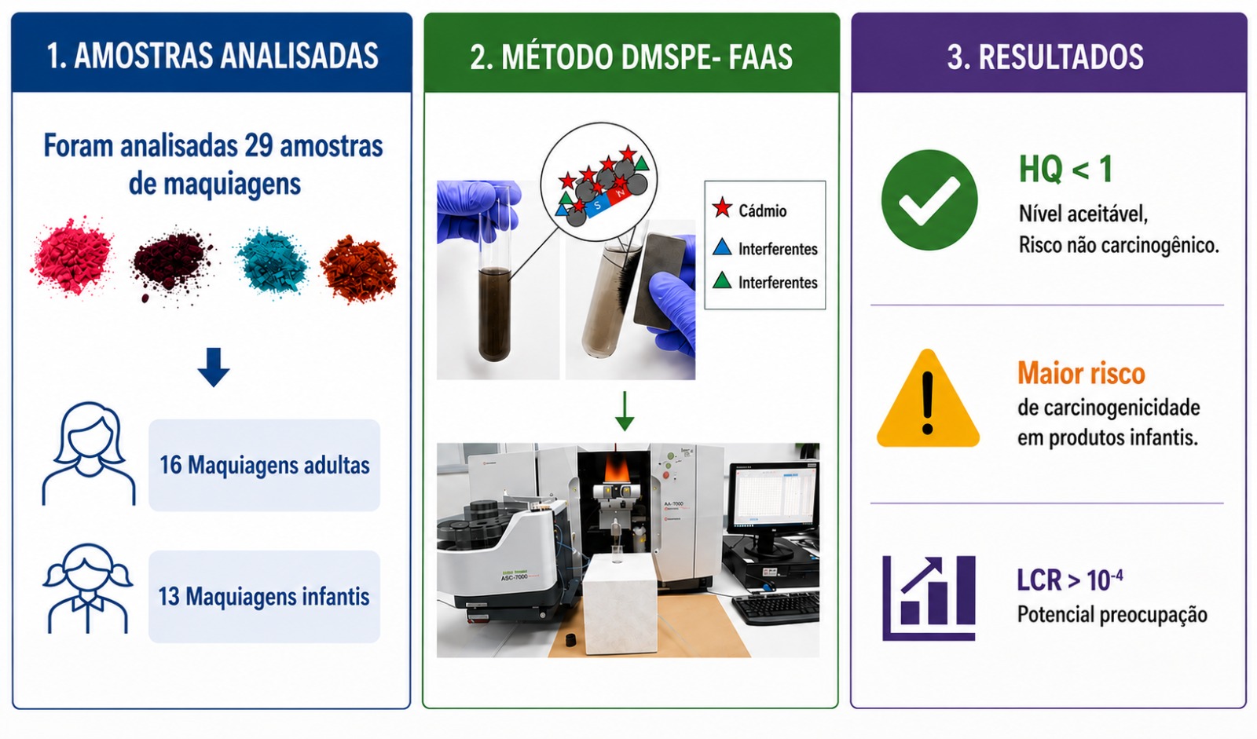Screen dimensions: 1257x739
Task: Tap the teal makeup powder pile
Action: (273, 262)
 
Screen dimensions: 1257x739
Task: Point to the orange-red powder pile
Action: (359, 269)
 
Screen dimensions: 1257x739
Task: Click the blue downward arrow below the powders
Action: (213, 367)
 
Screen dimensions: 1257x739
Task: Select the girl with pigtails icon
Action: (88, 588)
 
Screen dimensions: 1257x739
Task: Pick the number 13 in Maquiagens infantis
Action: (169, 597)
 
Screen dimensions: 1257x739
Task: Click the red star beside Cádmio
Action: (722, 208)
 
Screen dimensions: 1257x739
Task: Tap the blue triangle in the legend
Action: (722, 247)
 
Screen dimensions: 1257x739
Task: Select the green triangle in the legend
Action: (722, 280)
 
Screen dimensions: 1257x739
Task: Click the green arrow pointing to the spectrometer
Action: (625, 411)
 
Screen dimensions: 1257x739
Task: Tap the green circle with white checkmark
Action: (929, 199)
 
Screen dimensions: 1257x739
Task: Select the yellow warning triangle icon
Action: (928, 400)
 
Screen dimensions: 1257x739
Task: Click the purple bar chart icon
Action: (929, 598)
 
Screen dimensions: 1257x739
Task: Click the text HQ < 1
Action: (1065, 169)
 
